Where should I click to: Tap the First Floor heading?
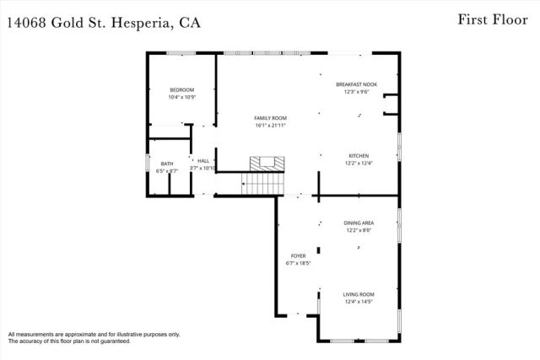pyautogui.click(x=489, y=19)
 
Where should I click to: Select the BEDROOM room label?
pyautogui.click(x=181, y=90)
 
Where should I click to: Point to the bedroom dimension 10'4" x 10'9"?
pyautogui.click(x=181, y=98)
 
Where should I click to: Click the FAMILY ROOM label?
pyautogui.click(x=272, y=118)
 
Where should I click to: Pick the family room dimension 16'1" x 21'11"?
pyautogui.click(x=272, y=126)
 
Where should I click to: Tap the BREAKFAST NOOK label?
pyautogui.click(x=356, y=84)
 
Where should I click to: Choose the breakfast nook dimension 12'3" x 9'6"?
pyautogui.click(x=356, y=92)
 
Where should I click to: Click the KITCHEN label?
pyautogui.click(x=359, y=156)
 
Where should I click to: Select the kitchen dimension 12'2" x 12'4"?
pyautogui.click(x=359, y=164)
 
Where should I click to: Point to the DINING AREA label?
pyautogui.click(x=359, y=223)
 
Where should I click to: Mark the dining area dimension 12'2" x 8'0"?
pyautogui.click(x=359, y=230)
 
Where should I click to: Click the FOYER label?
pyautogui.click(x=299, y=255)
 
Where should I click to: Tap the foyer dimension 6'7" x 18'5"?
pyautogui.click(x=299, y=263)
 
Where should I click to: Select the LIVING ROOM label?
pyautogui.click(x=358, y=294)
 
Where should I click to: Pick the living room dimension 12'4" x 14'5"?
pyautogui.click(x=358, y=302)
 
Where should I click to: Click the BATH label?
pyautogui.click(x=167, y=164)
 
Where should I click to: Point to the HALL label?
pyautogui.click(x=203, y=160)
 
